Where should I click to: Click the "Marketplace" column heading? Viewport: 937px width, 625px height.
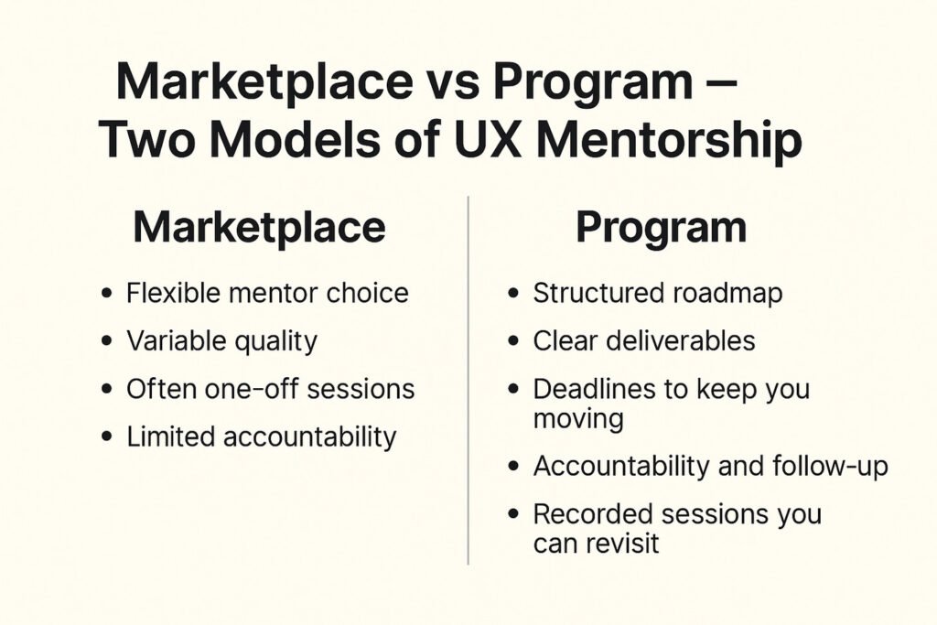pyautogui.click(x=259, y=228)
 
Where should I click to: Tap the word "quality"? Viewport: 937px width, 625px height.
pyautogui.click(x=275, y=341)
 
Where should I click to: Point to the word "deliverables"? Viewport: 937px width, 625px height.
pyautogui.click(x=681, y=341)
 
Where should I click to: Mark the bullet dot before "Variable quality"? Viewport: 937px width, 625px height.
pyautogui.click(x=109, y=342)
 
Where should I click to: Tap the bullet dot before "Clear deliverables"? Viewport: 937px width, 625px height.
pyautogui.click(x=515, y=342)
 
